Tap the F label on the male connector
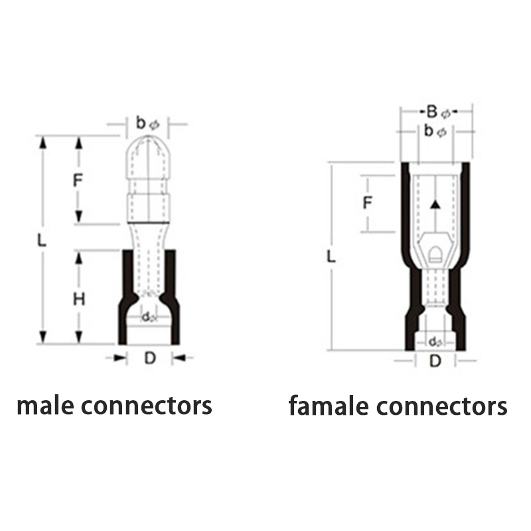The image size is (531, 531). (x=78, y=179)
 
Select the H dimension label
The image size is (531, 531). (x=78, y=299)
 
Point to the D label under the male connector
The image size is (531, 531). (x=149, y=359)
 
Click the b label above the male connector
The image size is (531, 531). (x=141, y=122)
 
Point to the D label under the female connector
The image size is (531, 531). (x=435, y=361)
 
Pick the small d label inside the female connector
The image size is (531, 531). (x=433, y=342)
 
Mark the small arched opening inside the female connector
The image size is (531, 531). (x=435, y=254)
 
